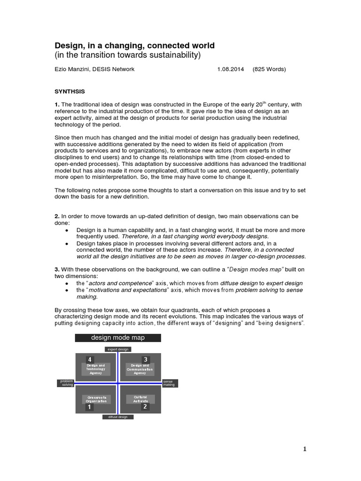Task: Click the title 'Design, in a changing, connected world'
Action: point(134,46)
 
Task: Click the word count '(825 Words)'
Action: point(269,69)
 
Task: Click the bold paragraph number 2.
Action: point(57,216)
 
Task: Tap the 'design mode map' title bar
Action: point(118,338)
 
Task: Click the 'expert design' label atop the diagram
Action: point(118,349)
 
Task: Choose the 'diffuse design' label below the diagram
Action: point(118,417)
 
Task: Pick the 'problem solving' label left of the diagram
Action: point(65,383)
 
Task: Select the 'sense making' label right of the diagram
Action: point(169,383)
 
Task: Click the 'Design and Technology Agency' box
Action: point(96,369)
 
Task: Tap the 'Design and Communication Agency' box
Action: point(140,369)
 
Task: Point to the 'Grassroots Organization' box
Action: point(96,399)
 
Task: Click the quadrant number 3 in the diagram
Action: point(145,359)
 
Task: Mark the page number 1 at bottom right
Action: point(305,449)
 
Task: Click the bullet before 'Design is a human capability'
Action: point(67,230)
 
